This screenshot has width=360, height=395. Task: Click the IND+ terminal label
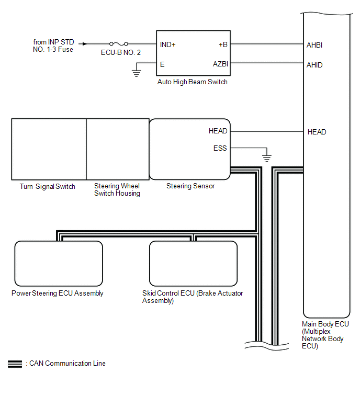[167, 44]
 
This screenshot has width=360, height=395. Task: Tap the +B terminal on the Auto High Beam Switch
[223, 44]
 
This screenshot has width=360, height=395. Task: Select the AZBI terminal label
[220, 64]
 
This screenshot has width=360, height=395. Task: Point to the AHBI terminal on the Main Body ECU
[314, 45]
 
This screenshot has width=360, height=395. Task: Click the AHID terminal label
[314, 65]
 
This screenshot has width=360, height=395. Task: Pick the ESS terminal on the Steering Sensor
[220, 148]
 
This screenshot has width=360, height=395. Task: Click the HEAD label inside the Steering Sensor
[218, 131]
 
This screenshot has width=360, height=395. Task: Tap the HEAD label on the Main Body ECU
[317, 132]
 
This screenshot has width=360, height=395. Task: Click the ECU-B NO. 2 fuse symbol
[119, 44]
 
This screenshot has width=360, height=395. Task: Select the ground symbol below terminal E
[136, 73]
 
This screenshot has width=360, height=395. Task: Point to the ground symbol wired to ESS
[267, 158]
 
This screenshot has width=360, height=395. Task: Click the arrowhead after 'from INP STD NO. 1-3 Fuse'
[85, 44]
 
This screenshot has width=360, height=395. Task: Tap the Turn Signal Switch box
[49, 150]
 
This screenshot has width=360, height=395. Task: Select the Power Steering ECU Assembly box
[59, 264]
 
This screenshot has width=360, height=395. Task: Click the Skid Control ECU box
[193, 264]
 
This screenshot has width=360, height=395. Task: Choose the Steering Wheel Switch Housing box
[118, 150]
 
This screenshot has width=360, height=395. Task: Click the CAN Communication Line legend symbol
[15, 364]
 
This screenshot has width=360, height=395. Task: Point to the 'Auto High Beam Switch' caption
[192, 82]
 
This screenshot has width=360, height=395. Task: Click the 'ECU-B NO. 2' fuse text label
[121, 52]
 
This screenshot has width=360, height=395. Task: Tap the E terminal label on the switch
[162, 64]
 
